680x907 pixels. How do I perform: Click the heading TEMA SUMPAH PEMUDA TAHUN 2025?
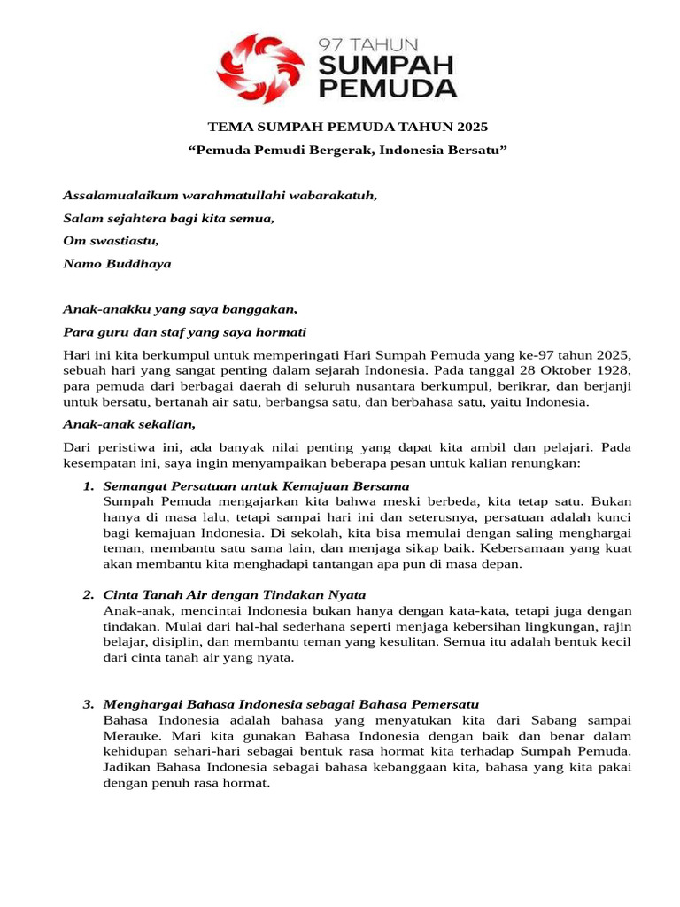[x=347, y=127]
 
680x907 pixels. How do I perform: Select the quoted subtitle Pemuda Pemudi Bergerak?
[x=347, y=150]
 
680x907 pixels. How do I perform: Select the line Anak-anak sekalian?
[x=128, y=424]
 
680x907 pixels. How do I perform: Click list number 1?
[x=88, y=486]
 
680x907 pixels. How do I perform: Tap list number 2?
[x=88, y=594]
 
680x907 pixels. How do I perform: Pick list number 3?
[x=88, y=704]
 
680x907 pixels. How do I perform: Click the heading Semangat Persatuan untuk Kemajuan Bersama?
[x=256, y=486]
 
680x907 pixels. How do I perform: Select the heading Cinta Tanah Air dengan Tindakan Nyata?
[x=235, y=594]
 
